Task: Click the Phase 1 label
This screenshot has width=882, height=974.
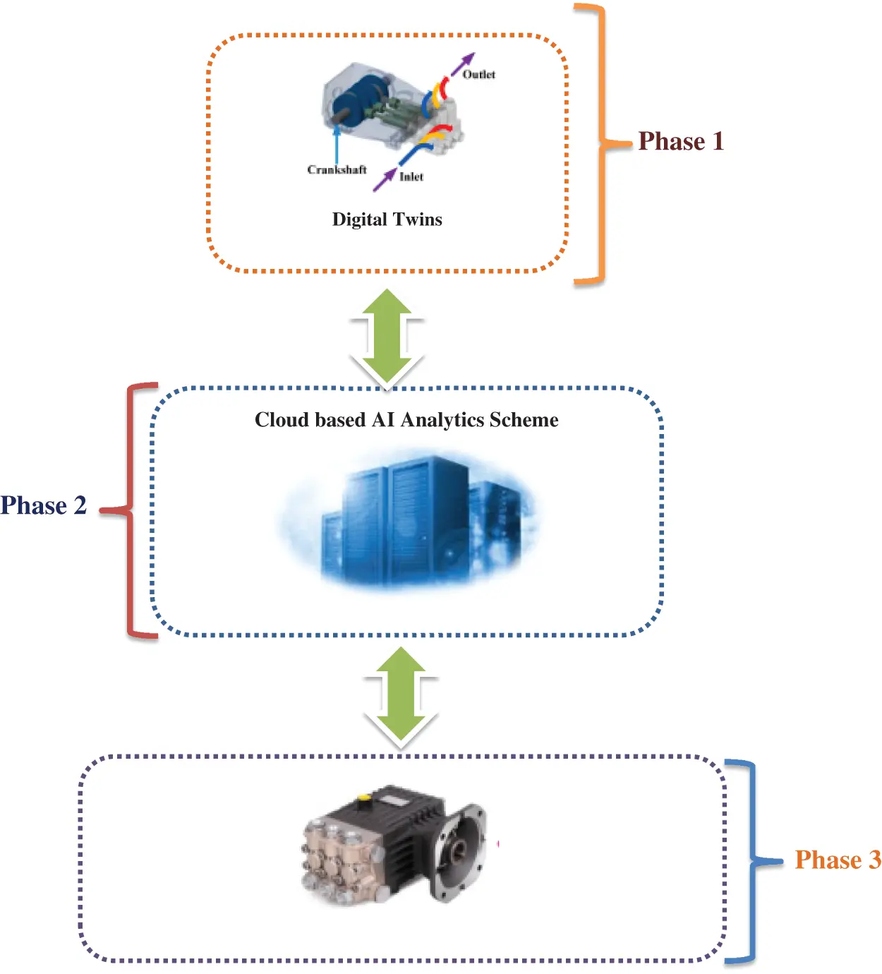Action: click(x=681, y=141)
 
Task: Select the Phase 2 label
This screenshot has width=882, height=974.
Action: click(x=43, y=505)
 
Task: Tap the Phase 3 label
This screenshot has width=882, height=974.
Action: click(x=838, y=860)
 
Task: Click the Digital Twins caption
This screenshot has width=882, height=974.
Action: click(x=387, y=220)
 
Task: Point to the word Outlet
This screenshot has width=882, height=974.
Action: click(x=479, y=74)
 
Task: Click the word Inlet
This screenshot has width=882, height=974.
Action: click(x=411, y=176)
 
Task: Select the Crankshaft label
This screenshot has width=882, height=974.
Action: click(x=337, y=169)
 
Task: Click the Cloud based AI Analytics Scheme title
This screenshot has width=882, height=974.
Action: click(x=406, y=420)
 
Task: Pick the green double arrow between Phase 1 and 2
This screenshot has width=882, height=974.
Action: click(x=387, y=339)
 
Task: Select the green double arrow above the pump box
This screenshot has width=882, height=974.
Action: click(x=401, y=697)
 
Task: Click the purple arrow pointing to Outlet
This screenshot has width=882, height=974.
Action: click(x=463, y=64)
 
